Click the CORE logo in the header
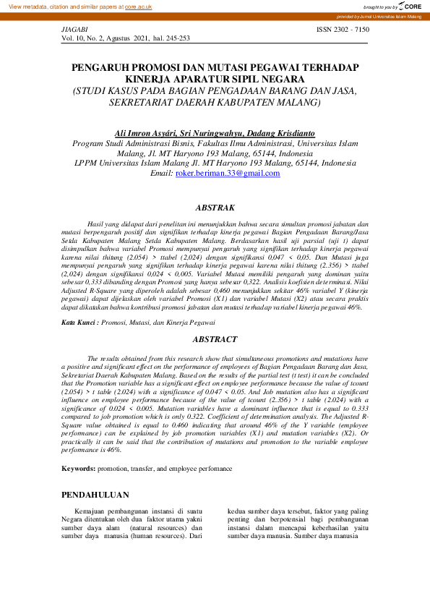410,6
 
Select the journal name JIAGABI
75,29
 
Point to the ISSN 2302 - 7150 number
343,29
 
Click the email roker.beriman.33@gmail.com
217,174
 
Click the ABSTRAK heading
215,208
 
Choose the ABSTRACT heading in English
215,339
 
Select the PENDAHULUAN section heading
95,495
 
